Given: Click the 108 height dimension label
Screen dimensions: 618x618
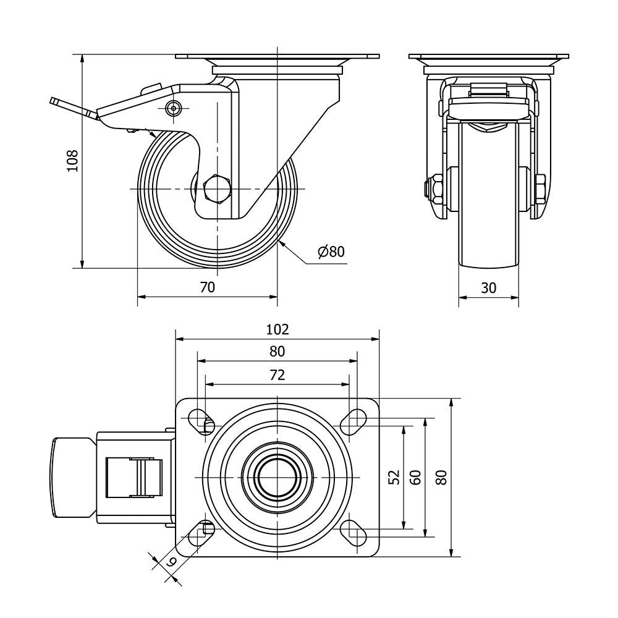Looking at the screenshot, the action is point(73,161).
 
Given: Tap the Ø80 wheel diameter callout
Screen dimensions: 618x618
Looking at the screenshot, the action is point(331,251).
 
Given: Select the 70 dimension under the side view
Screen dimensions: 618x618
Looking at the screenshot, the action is point(207,287).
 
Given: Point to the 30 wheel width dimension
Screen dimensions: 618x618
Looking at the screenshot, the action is point(488,288).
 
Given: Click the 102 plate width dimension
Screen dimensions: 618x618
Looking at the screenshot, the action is point(277,329).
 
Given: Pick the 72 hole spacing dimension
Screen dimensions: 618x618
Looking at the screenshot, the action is point(277,375).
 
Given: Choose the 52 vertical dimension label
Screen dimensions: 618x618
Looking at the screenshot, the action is point(396,477).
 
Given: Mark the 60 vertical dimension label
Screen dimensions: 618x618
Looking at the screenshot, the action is point(417,477).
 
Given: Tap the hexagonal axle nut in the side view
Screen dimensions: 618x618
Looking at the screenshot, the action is point(216,189).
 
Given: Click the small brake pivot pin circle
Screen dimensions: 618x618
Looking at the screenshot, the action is point(173,108).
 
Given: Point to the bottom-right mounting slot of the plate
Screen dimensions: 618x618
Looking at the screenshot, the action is point(353,533).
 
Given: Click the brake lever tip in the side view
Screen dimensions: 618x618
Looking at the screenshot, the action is point(53,102).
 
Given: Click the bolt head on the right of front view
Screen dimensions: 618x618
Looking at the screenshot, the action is point(540,189).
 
